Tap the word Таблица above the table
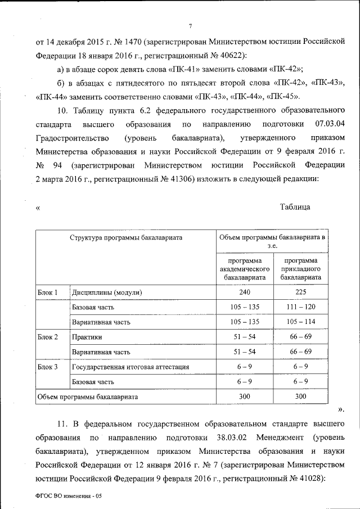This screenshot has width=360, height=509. coord(295,207)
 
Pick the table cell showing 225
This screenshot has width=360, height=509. coord(301,293)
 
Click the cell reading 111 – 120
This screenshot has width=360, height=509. coord(301,308)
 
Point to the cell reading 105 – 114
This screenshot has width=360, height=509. coord(301,322)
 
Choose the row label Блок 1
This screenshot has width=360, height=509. coord(48,293)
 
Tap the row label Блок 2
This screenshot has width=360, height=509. coord(48,337)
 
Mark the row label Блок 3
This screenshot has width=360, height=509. coord(48,367)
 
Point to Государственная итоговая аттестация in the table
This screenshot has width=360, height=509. coord(130,367)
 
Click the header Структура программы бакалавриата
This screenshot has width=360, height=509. coord(126,238)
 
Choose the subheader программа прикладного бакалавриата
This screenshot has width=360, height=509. coord(301,269)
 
